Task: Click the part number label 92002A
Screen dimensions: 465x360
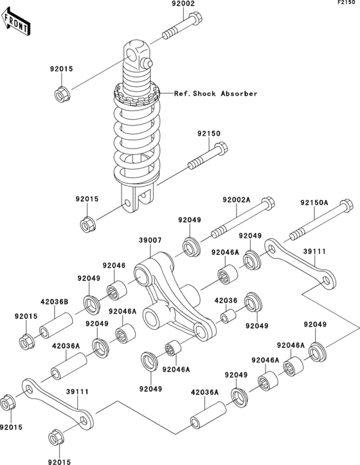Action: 237,201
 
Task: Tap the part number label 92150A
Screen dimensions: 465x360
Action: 314,202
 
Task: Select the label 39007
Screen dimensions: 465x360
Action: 148,239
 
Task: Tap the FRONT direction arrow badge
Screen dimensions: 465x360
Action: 17,24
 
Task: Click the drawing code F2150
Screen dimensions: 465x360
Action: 345,5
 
